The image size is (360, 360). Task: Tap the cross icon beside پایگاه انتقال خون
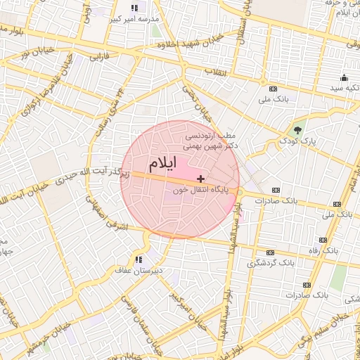[x=201, y=179]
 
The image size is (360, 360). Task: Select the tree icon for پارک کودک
[x=297, y=130]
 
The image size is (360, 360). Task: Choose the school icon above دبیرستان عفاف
[x=139, y=259]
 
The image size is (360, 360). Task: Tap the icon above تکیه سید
[x=343, y=77]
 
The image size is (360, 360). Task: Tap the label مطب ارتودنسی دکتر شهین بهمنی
[x=211, y=141]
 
